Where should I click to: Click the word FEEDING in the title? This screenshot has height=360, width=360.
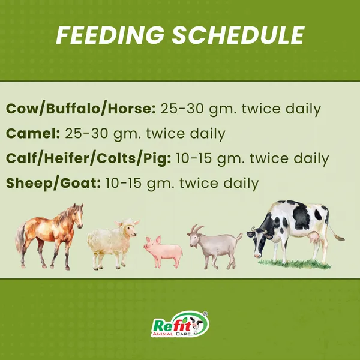110,35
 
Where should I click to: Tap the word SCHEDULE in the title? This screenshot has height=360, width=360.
238,35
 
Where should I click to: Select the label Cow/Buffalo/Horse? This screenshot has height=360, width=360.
81,109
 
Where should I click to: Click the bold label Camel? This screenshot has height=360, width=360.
33,133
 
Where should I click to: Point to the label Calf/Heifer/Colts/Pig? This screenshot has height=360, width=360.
89,158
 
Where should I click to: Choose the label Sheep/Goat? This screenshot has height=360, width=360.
53,184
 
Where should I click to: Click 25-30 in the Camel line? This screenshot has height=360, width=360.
86,133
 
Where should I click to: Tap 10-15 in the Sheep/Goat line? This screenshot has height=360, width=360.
123,183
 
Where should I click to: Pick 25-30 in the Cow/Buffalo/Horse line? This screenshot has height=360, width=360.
182,109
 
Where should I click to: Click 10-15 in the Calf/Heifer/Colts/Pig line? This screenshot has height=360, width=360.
194,158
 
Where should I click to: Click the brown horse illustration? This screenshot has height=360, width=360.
49,236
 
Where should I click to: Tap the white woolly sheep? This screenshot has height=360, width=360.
113,244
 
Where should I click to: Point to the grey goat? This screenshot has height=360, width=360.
215,247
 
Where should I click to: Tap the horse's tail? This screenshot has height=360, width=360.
20,239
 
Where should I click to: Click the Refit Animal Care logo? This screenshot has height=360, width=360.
180,324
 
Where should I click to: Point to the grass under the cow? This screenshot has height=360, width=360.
295,264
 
